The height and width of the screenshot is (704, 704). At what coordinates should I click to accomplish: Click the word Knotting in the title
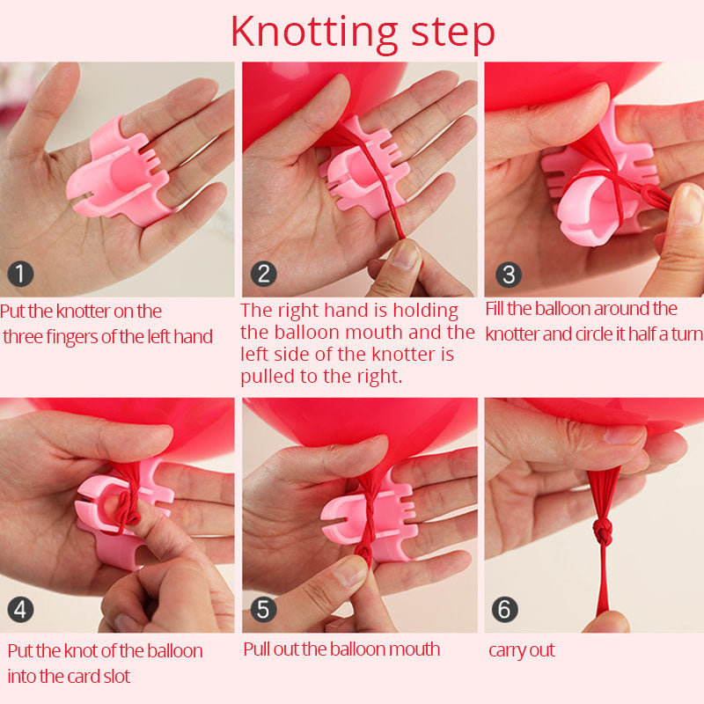click(x=314, y=33)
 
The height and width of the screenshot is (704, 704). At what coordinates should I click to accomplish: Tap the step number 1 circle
click(x=20, y=274)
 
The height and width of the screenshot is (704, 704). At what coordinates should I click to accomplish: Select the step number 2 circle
click(x=263, y=274)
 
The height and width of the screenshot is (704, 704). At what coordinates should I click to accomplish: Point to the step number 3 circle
click(x=509, y=275)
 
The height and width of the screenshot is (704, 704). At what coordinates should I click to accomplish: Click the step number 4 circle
click(x=20, y=609)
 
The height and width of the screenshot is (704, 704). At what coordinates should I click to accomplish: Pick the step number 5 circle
click(x=263, y=609)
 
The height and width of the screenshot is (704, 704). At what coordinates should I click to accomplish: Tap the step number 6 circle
click(x=505, y=609)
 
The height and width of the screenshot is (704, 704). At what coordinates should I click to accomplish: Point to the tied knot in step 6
click(x=603, y=532)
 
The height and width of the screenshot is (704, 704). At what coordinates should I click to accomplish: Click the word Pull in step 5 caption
click(x=256, y=649)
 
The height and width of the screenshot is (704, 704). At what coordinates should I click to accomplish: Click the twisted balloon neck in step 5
click(x=370, y=517)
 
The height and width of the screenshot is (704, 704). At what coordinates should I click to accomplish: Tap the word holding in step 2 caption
click(x=426, y=311)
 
